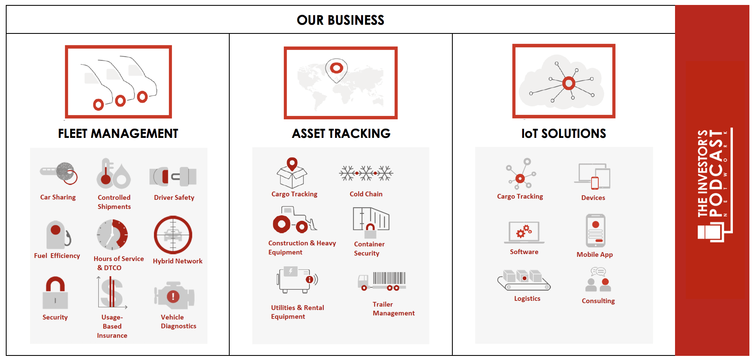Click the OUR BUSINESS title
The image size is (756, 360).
click(340, 20)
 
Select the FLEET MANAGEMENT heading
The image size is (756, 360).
click(118, 133)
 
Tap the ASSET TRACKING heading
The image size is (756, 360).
click(341, 133)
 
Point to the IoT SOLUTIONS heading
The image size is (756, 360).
click(563, 133)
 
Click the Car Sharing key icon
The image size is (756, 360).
click(59, 173)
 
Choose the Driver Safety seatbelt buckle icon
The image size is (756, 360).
click(173, 177)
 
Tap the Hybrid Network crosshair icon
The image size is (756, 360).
click(173, 235)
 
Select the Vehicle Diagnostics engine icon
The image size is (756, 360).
click(174, 296)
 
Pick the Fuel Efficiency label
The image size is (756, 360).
click(57, 256)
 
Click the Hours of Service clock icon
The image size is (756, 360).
click(112, 234)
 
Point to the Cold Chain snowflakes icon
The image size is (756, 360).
click(366, 173)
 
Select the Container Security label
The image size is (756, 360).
click(369, 249)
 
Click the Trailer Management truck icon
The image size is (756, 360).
click(382, 281)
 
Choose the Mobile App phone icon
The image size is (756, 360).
click(595, 230)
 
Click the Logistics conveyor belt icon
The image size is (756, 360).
click(524, 280)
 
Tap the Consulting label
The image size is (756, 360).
click(598, 301)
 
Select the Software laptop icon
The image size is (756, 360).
click(524, 232)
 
